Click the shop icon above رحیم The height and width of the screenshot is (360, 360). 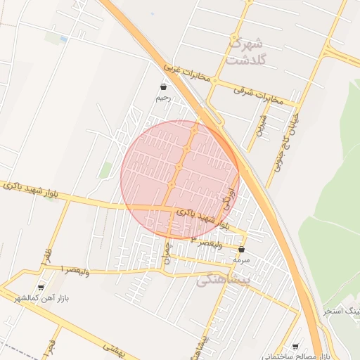(x=163, y=87)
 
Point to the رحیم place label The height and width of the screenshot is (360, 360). (x=162, y=98)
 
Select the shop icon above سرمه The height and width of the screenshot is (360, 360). (x=242, y=249)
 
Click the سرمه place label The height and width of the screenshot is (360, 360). (x=242, y=259)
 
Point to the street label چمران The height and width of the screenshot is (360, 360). (x=167, y=252)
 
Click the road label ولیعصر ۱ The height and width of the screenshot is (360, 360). (x=75, y=269)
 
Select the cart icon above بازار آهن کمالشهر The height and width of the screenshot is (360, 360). (x=40, y=287)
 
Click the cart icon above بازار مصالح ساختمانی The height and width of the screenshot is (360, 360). (x=295, y=347)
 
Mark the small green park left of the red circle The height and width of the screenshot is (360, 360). (x=105, y=169)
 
